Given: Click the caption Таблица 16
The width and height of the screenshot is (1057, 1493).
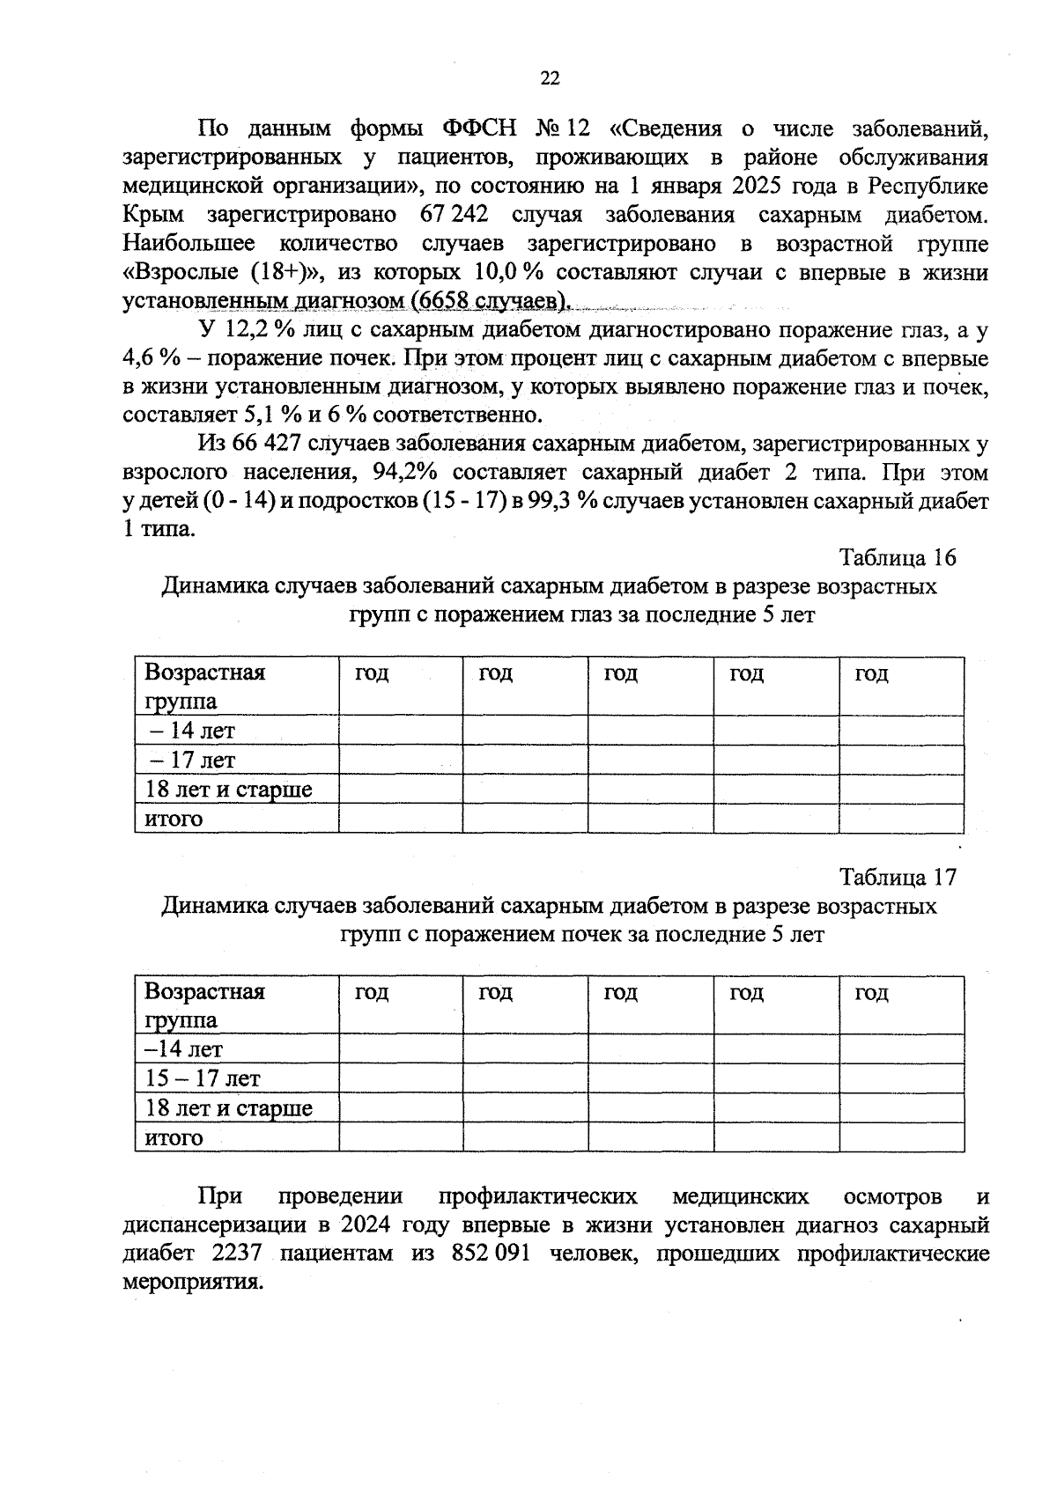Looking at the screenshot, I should click(897, 558).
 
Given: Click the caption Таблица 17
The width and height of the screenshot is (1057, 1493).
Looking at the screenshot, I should click(897, 878).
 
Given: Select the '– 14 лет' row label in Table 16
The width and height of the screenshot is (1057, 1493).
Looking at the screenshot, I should click(191, 731).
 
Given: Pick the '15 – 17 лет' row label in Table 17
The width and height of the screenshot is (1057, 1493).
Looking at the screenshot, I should click(203, 1078).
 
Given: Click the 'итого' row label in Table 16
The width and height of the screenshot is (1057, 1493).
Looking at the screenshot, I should click(174, 819).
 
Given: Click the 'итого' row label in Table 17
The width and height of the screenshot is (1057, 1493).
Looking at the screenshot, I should click(174, 1137).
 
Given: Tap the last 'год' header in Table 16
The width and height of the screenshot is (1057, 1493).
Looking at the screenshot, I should click(871, 674).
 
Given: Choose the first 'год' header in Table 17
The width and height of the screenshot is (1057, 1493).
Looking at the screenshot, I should click(372, 993).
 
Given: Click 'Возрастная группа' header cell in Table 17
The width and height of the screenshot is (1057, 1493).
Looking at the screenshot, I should click(204, 1005).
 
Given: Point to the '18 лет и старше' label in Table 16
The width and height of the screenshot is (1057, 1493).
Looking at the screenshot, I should click(228, 790).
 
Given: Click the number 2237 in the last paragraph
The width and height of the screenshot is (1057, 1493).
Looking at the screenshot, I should click(237, 1254).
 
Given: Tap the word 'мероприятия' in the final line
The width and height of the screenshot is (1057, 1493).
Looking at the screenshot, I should click(193, 1283).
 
